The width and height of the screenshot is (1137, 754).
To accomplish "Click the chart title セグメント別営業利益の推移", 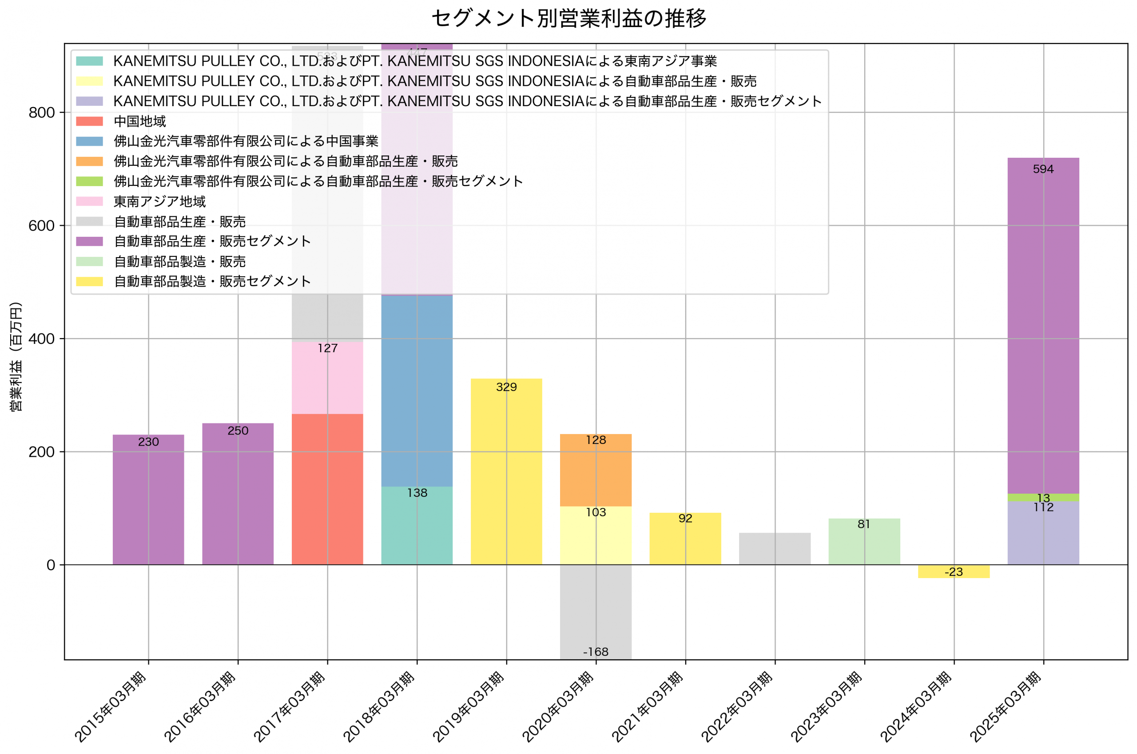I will (568, 18).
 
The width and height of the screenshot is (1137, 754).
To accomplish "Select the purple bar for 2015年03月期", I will (148, 500).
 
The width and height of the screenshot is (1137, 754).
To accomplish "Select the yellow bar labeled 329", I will (506, 472).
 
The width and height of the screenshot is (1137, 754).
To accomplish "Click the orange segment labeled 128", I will (596, 470).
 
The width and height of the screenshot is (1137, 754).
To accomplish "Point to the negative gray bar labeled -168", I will (596, 610).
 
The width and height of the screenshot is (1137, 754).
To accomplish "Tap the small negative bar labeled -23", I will (954, 571).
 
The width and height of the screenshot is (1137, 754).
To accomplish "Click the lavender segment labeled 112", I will (1043, 534).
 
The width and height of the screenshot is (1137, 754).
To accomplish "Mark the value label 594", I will (1043, 169).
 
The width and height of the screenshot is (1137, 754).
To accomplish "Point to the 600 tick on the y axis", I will (42, 226).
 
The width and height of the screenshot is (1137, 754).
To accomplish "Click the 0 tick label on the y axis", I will (51, 565).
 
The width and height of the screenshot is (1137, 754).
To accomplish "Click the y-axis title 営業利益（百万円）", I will (16, 357).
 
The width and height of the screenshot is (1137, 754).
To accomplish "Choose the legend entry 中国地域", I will (139, 121).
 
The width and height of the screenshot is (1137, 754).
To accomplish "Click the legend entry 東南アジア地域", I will (159, 201).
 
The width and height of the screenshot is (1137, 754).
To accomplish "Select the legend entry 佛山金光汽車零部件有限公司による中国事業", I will (246, 141).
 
